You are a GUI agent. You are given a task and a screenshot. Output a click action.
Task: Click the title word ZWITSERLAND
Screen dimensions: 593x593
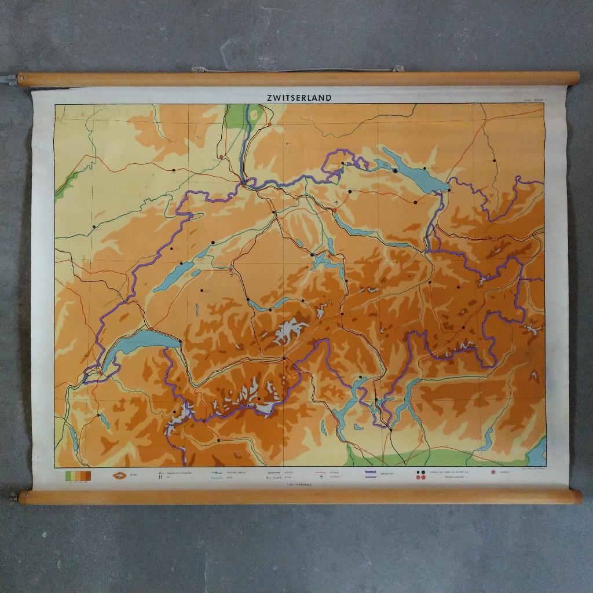click(299, 98)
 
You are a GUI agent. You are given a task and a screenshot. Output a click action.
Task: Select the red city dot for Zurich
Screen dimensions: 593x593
click(334, 211)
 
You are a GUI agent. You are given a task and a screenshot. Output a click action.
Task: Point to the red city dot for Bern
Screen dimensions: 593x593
click(230, 269)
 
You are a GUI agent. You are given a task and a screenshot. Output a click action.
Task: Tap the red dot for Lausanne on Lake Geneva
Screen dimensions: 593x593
click(152, 328)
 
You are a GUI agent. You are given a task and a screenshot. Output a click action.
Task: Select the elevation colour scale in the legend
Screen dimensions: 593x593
click(78, 475)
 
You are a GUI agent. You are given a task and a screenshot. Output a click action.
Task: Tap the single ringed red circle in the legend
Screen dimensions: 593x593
click(493, 473)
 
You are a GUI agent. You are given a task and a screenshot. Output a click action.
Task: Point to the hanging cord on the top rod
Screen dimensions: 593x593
click(295, 70)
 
